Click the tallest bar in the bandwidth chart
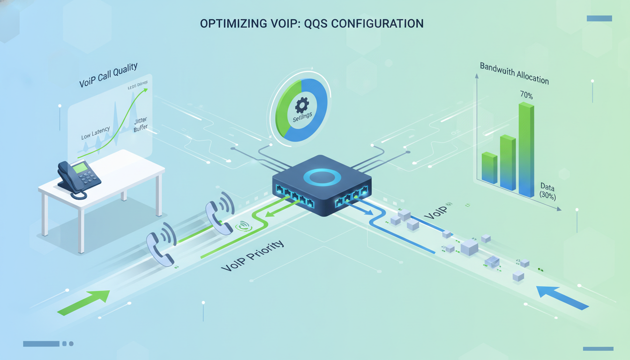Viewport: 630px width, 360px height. coord(526,150)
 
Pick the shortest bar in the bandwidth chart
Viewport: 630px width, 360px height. coord(489,168)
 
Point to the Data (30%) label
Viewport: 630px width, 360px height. coord(547,191)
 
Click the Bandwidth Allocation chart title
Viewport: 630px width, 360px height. coord(514,73)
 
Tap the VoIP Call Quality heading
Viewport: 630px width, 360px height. coord(108,75)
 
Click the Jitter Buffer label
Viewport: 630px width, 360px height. coord(140,124)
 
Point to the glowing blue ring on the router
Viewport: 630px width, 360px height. coord(321,177)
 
